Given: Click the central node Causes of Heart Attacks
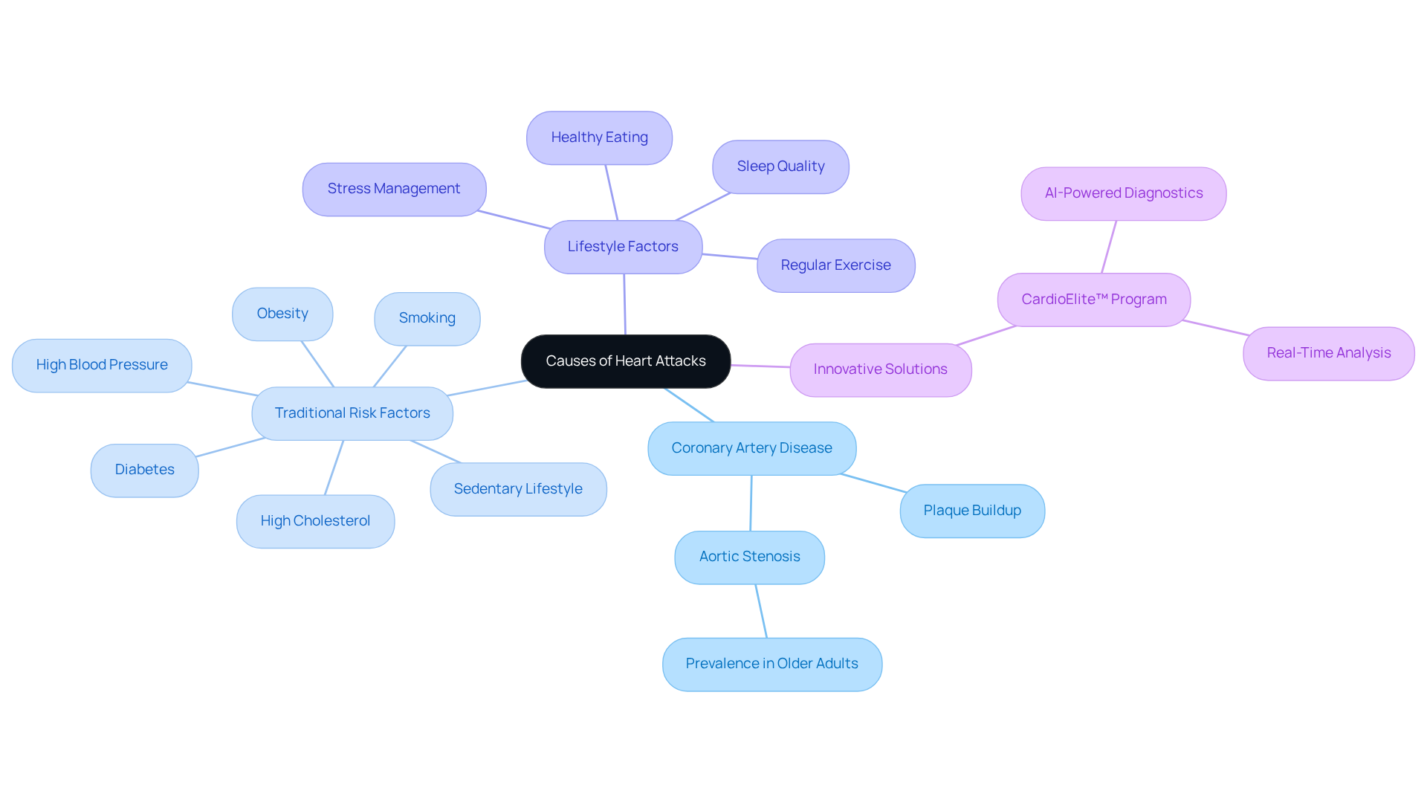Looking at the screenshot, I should point(625,361).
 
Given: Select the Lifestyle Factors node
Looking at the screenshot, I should point(623,247).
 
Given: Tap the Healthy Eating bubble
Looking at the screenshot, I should point(599,138).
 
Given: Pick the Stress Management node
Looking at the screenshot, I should point(394,189).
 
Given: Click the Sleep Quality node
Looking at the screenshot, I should point(780,167).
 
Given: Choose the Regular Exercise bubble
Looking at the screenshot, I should point(835,265).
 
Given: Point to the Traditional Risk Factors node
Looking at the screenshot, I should point(352,413).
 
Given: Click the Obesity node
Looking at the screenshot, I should point(282,314).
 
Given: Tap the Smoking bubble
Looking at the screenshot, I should point(427,318).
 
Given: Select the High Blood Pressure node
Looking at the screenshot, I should point(102,365).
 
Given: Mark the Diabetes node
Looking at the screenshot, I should point(144,470).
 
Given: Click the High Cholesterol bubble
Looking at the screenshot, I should point(315,521).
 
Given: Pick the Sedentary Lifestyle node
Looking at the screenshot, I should point(518,489).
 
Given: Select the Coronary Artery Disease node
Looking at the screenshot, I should point(751,448).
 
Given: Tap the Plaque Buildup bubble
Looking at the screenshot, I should point(972,511).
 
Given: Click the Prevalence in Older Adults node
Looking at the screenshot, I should point(771,664).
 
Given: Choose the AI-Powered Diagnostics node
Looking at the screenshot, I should point(1123,193).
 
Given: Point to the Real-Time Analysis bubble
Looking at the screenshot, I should point(1328,353).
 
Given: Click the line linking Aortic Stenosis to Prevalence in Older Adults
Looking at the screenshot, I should point(761,611).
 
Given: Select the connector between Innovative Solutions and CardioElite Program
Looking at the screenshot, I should point(986,335).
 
